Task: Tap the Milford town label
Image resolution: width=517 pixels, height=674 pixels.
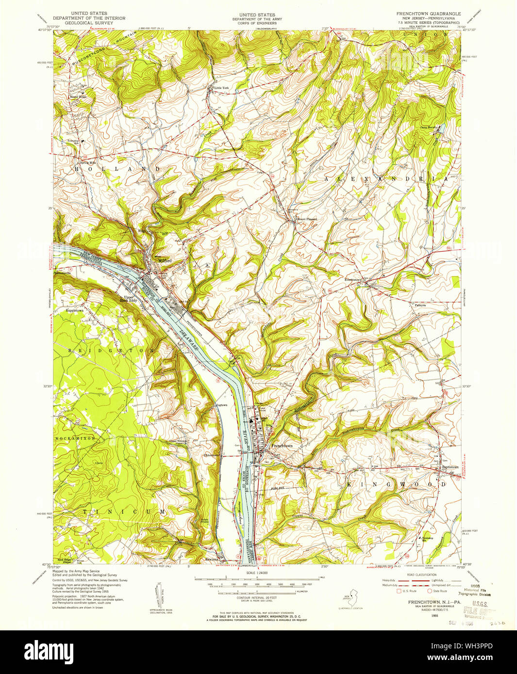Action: [x=165, y=261]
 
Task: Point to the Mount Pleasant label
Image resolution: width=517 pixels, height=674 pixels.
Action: [x=307, y=219]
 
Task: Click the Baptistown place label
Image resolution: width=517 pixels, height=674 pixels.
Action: [x=450, y=467]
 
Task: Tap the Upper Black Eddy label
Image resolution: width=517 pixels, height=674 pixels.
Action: [x=130, y=299]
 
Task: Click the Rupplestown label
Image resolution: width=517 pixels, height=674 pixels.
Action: [x=75, y=310]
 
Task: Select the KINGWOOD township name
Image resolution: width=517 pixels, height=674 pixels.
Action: [x=396, y=484]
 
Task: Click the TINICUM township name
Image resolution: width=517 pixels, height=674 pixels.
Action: [x=124, y=512]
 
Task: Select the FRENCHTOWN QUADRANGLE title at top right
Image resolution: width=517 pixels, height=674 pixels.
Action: [x=429, y=14]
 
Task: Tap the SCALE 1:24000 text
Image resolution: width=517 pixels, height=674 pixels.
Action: [x=257, y=573]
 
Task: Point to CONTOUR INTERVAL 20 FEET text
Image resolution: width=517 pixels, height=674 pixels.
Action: [x=257, y=597]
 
